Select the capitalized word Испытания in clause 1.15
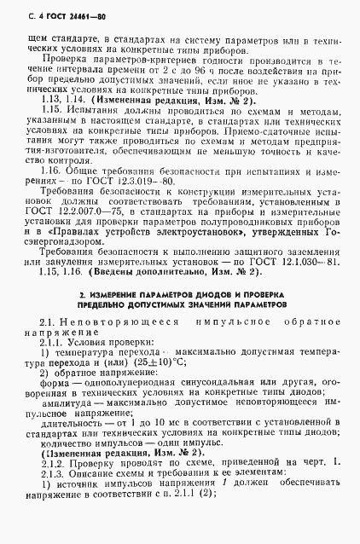[x=89, y=111]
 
